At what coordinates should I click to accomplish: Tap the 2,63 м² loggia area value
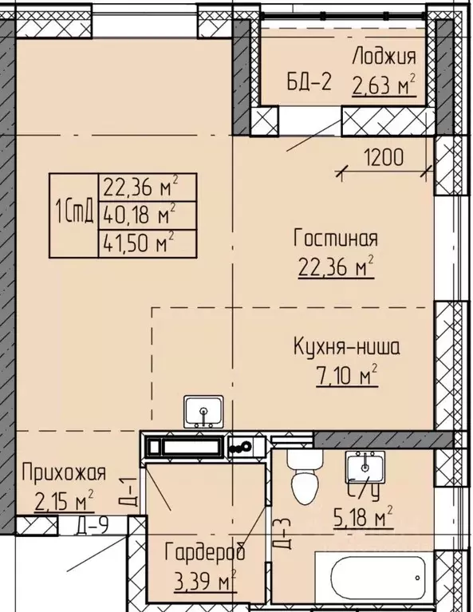384,84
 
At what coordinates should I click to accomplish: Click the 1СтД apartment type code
73,214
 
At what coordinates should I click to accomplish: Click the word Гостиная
334,238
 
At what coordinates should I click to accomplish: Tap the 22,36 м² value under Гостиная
334,268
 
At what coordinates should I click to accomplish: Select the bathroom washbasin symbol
365,466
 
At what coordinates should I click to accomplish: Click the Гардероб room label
204,552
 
